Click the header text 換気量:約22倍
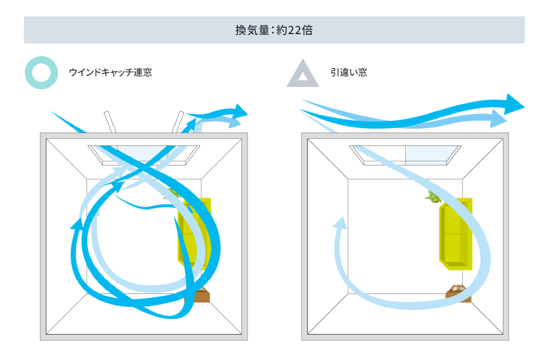[x=274, y=30]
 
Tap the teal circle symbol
[x=41, y=73]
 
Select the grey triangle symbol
[x=303, y=74]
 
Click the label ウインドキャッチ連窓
[x=110, y=72]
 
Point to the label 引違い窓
[x=349, y=72]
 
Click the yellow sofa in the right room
[x=455, y=234]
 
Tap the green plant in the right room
[x=433, y=197]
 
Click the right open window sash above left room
[x=177, y=122]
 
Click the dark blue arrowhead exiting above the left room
[x=241, y=111]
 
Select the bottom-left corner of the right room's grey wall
[x=305, y=337]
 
